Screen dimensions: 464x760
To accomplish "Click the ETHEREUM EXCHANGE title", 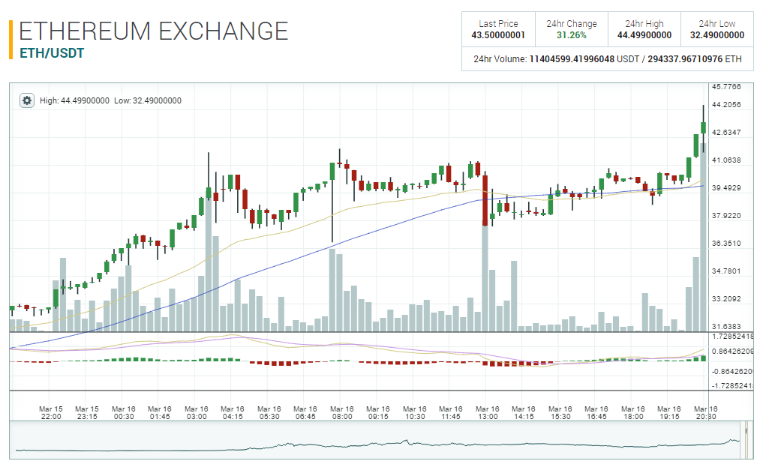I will (x=154, y=31).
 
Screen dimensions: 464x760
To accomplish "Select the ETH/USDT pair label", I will (x=51, y=53).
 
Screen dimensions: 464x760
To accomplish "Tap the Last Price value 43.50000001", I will (x=498, y=35).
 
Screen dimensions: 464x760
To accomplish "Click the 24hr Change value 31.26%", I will (x=572, y=35).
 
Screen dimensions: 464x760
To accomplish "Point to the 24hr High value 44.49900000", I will (x=644, y=35).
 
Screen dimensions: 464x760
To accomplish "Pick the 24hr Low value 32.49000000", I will (x=717, y=35).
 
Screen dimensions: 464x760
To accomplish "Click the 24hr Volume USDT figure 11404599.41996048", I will (x=572, y=58).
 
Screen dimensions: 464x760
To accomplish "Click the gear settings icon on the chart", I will (x=27, y=100).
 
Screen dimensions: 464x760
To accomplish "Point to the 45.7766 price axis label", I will (x=725, y=87).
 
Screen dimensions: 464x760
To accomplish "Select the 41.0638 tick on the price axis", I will (x=725, y=160).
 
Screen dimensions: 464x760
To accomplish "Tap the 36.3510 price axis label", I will (x=725, y=244).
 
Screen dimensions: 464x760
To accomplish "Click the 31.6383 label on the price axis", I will (x=725, y=327).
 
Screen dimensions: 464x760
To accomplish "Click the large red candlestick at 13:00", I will (x=485, y=199).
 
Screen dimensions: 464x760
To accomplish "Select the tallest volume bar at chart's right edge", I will (x=704, y=240).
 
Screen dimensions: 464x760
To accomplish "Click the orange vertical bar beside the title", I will (x=11, y=40).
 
